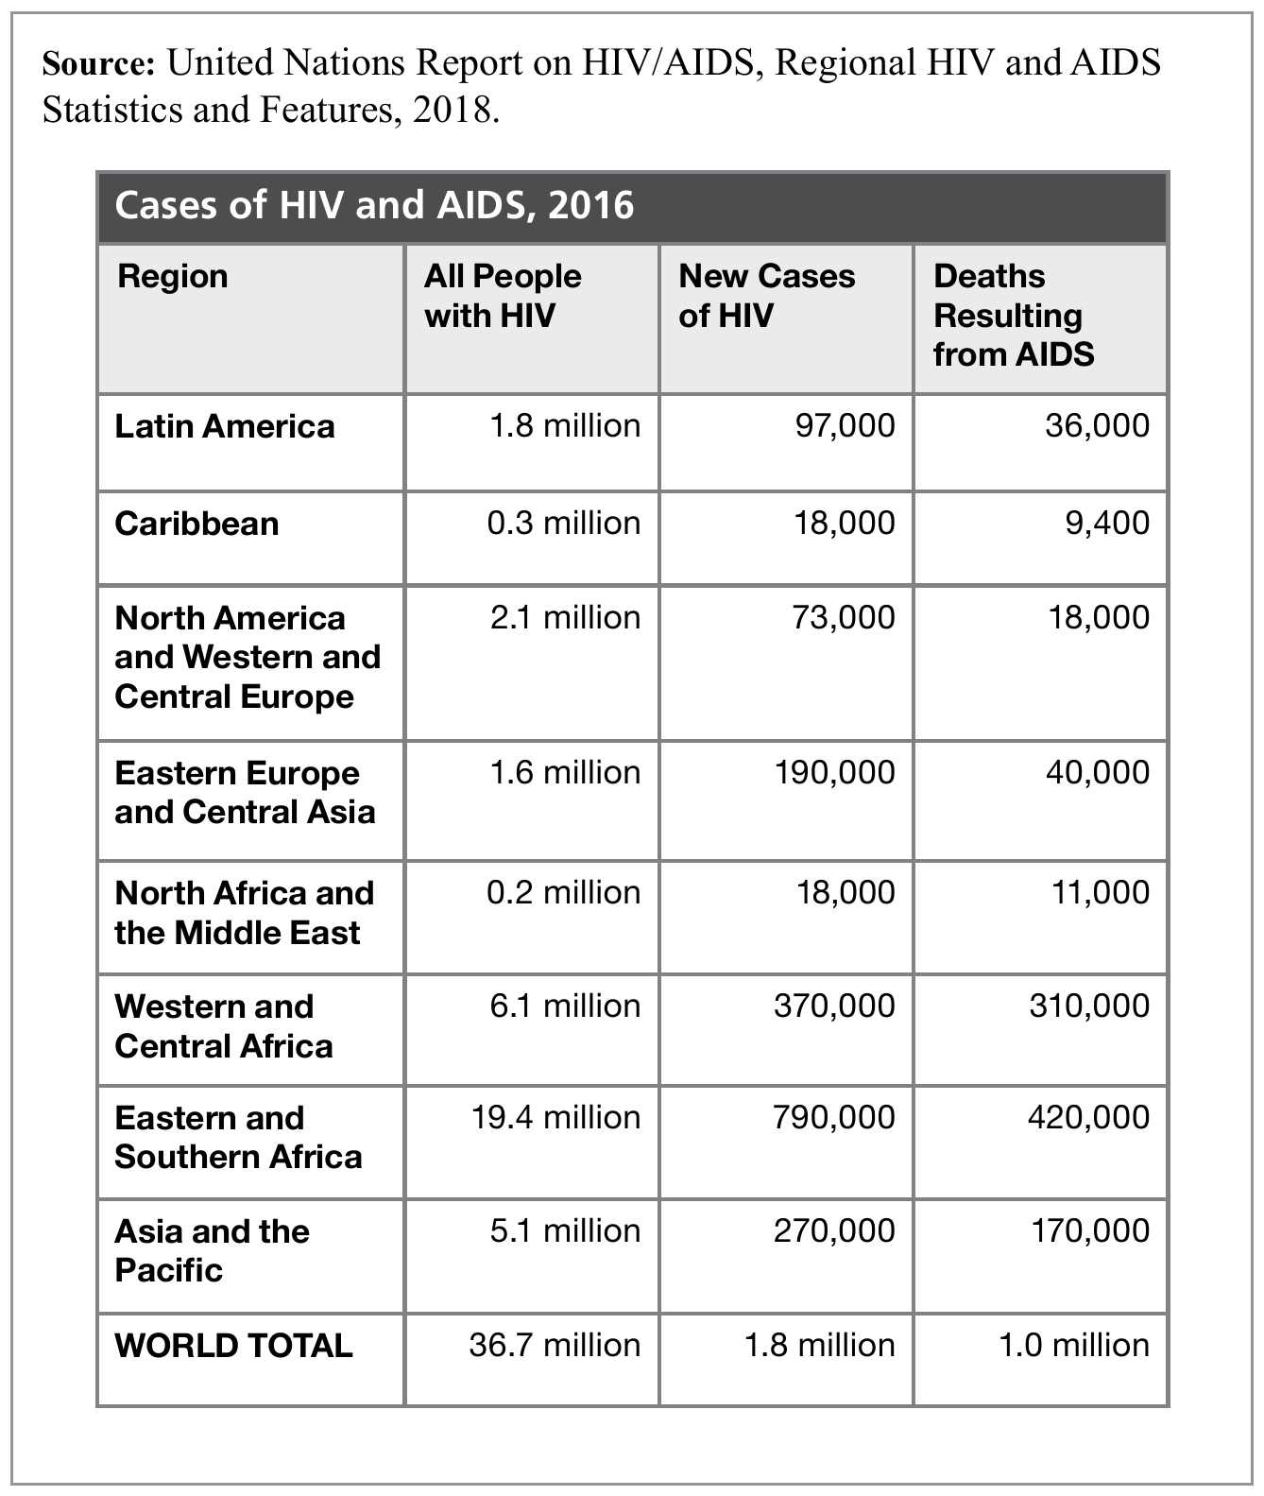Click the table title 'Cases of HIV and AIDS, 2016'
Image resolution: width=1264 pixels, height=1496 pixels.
pos(374,205)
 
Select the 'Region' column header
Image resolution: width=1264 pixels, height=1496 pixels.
pos(173,276)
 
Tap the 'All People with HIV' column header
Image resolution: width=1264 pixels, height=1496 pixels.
pos(503,295)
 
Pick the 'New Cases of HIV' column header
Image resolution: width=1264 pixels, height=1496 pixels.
pos(766,295)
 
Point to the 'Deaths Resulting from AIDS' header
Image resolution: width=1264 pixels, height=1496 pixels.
pos(1013,315)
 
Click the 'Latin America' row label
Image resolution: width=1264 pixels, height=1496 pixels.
pos(225,426)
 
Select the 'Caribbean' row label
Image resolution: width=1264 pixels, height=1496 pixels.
pos(196,524)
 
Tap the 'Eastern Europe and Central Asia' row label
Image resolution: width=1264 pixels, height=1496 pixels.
pos(245,792)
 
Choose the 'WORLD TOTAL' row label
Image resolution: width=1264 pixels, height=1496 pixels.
pos(233,1345)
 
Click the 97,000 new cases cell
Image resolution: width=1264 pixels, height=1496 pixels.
pos(845,425)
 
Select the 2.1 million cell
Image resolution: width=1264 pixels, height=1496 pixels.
pos(565,617)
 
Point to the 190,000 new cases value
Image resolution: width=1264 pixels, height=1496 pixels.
pos(834,772)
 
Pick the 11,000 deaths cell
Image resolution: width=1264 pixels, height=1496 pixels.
pos(1101,892)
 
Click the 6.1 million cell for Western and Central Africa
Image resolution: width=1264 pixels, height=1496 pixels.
pos(565,1006)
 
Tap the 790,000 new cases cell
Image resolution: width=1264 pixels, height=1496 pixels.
pos(834,1117)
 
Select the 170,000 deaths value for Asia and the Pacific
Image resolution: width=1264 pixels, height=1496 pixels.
pos(1089,1230)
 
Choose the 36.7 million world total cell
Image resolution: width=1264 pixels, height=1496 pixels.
pos(555,1345)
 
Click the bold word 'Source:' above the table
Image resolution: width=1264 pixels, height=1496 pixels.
pos(98,63)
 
